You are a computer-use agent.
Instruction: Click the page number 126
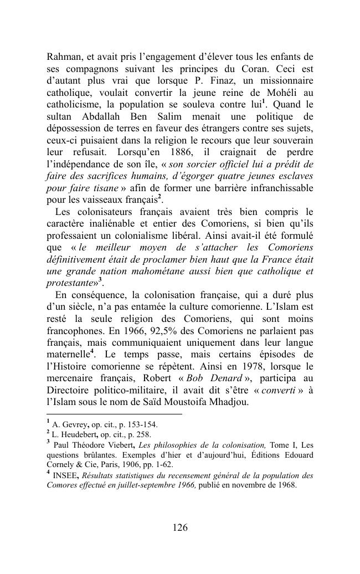tap(180, 527)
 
